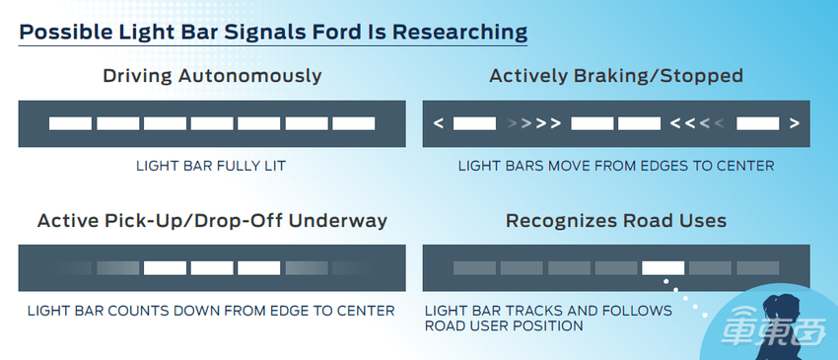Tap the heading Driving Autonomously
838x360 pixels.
212,75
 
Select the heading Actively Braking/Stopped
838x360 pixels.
616,75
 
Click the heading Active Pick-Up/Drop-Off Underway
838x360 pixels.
212,220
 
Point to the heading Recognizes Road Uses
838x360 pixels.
616,220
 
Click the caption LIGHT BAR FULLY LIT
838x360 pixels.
211,166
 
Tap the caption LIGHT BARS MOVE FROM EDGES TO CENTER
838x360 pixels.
616,166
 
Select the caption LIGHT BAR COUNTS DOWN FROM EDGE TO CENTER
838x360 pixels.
211,311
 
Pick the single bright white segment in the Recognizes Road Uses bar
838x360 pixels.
663,268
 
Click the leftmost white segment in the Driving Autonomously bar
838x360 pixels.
71,123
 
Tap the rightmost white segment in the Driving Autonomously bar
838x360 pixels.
353,123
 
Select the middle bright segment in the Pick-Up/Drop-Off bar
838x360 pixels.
212,268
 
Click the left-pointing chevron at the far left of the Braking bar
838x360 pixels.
439,123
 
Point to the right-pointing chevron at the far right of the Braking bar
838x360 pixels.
795,123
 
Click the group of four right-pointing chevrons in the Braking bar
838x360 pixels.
534,123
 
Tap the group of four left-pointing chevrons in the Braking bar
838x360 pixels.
698,123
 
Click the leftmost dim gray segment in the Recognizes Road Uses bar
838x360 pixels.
474,268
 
